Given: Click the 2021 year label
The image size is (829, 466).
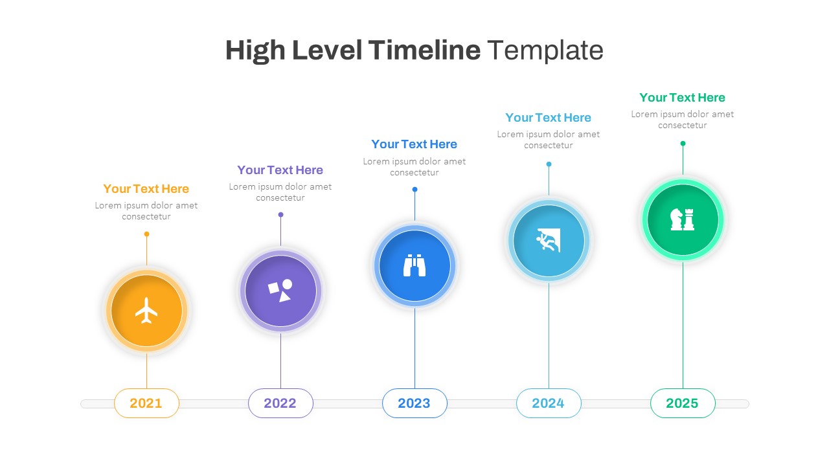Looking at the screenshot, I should (146, 403).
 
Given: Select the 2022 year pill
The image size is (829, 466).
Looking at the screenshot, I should (280, 403).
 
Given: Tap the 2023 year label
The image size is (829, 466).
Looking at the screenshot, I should (414, 403).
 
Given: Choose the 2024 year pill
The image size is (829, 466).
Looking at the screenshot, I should (549, 403).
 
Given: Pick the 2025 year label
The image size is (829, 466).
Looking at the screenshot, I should (683, 403).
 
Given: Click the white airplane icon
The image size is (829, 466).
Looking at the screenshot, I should (146, 311).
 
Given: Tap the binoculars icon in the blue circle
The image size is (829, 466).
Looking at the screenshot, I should (414, 265).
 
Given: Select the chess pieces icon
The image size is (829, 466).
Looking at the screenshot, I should (683, 219).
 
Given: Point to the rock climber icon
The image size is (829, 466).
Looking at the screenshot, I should (549, 240).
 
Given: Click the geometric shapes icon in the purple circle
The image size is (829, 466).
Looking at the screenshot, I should (280, 291).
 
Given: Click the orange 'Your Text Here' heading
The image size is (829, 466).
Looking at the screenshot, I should (146, 189).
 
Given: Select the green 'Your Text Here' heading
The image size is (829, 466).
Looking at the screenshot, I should (683, 98).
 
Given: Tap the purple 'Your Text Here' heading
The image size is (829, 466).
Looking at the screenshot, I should (280, 170).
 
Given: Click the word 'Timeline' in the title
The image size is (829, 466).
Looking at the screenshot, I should (424, 50).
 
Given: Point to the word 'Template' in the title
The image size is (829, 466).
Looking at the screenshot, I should (545, 50).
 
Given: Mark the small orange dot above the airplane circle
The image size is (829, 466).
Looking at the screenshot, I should (146, 234).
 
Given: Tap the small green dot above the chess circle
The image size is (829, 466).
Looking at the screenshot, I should (683, 143).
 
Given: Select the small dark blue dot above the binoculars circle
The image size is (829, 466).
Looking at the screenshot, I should (414, 189).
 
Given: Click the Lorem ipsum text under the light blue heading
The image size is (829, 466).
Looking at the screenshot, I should (549, 140).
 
